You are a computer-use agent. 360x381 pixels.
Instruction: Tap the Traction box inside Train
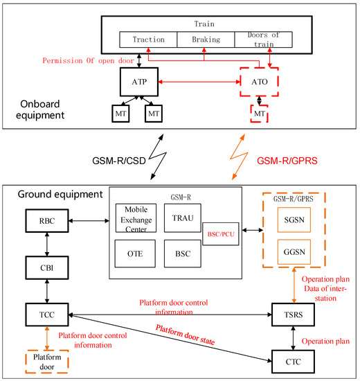148,40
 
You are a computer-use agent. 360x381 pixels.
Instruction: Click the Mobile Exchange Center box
136,218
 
